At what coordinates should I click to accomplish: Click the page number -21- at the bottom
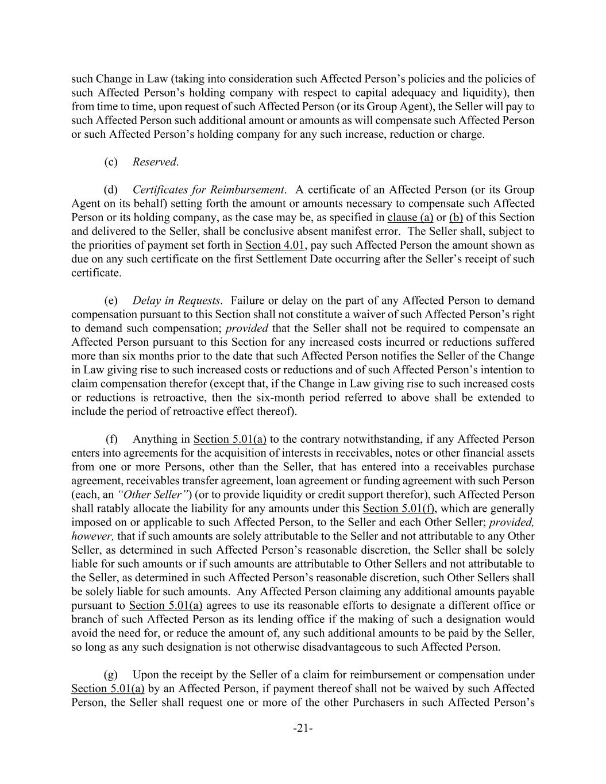(x=303, y=729)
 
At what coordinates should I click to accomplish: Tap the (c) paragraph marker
(x=110, y=162)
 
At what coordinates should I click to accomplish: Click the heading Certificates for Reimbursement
(x=209, y=190)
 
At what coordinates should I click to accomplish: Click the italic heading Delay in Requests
(x=176, y=300)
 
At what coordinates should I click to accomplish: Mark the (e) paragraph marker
(x=110, y=300)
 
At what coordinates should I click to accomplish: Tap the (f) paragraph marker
(x=111, y=439)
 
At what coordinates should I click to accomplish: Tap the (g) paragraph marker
(x=110, y=674)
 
